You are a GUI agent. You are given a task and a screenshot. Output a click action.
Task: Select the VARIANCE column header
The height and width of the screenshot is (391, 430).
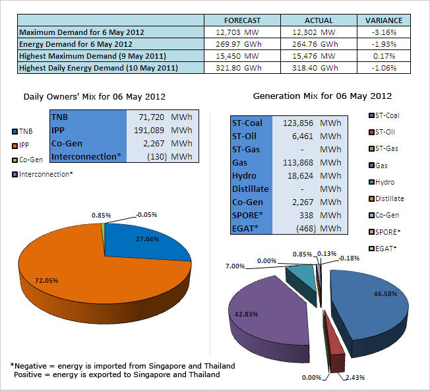click(383, 20)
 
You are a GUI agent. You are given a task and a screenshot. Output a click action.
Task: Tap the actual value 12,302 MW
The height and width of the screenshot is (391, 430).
click(313, 32)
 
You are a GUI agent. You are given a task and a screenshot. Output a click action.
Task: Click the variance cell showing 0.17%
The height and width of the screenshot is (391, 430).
click(383, 56)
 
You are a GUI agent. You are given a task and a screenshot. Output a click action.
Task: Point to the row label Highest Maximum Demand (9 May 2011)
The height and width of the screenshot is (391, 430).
click(92, 56)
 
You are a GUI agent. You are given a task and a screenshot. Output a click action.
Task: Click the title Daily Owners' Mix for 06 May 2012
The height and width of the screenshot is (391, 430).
click(94, 96)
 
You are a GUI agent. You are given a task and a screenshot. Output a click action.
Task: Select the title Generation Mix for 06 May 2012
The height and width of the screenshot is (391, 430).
click(322, 96)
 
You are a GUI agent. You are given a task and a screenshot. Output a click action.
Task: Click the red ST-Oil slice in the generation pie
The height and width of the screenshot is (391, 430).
click(336, 356)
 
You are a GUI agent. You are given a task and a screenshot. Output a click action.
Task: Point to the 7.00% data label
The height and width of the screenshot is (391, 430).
click(235, 266)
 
